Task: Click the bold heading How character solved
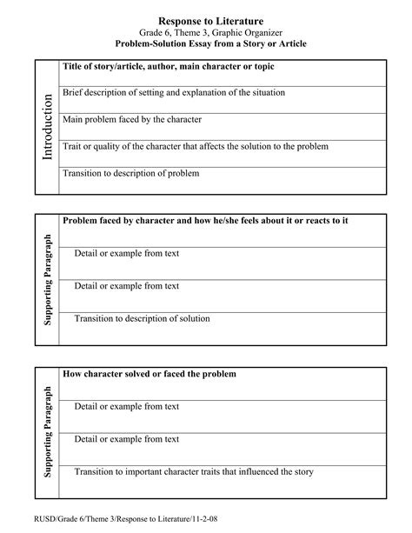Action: click(149, 374)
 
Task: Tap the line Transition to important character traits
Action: click(193, 472)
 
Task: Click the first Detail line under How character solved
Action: click(126, 406)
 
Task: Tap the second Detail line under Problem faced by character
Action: click(126, 285)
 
